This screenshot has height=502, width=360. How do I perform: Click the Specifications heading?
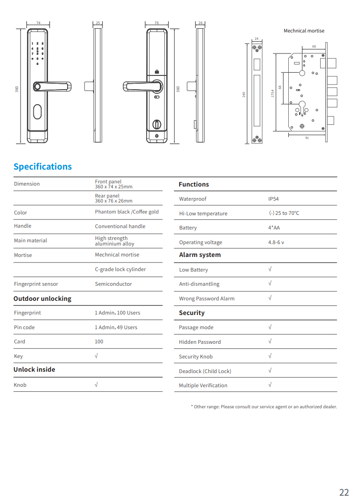(42, 166)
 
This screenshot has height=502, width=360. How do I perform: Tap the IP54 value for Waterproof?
(273, 199)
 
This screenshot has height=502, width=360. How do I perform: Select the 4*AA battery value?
(274, 228)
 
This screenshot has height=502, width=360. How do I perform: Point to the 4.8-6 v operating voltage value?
(276, 242)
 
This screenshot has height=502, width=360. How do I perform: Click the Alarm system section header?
(200, 255)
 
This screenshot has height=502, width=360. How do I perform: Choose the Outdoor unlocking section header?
(42, 299)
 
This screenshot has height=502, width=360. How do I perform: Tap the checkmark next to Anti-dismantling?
(270, 283)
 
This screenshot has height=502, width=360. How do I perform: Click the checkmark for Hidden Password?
(270, 342)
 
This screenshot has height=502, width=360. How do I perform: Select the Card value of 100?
(99, 342)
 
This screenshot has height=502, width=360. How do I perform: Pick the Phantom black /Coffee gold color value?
(127, 212)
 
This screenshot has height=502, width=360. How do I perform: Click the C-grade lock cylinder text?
(120, 269)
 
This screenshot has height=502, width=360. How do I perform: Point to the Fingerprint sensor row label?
(36, 284)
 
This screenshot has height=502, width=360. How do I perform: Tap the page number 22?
(344, 492)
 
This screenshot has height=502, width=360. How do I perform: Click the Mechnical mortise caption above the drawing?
(304, 31)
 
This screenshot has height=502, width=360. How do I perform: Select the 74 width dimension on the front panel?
(38, 22)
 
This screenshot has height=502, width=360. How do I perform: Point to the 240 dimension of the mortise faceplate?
(244, 94)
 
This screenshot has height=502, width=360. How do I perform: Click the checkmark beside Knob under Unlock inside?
(96, 385)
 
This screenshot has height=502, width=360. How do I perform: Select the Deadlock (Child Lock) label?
(205, 371)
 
